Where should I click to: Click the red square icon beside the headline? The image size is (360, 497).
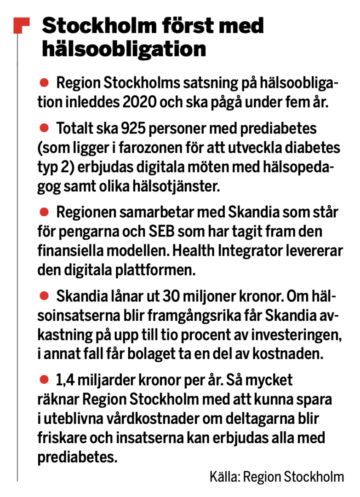22,26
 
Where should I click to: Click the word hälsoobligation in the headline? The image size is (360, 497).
124,49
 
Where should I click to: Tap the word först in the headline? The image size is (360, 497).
181,26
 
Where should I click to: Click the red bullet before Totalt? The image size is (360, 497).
44,126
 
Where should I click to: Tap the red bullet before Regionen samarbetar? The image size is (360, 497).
44,212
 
